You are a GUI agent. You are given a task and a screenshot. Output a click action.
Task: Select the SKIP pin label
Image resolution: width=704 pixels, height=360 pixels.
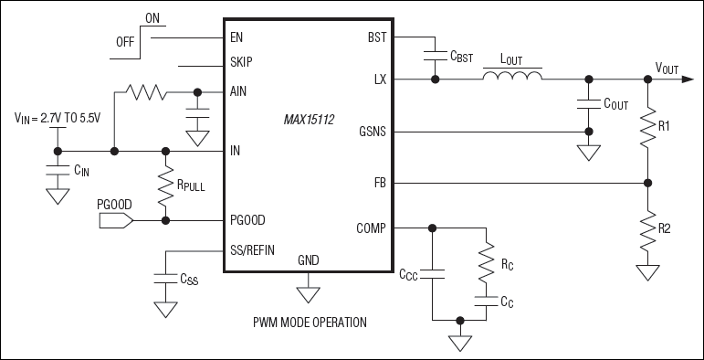[242, 63]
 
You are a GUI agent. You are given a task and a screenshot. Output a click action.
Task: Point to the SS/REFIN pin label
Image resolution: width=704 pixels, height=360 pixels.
[253, 249]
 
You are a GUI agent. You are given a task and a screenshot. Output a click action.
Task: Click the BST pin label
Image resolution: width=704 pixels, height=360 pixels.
[376, 39]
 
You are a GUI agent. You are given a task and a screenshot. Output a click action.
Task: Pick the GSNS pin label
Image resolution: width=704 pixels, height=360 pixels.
[373, 132]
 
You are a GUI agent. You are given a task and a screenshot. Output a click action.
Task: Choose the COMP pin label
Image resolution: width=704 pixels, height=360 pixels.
[371, 228]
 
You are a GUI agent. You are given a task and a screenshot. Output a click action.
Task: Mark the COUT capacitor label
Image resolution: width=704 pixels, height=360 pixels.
[615, 103]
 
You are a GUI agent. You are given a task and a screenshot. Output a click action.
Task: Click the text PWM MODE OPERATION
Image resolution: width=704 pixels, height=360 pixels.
[310, 322]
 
